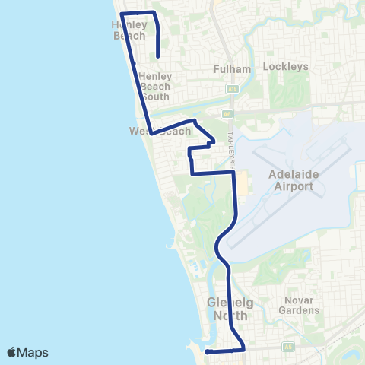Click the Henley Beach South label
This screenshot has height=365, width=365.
pyautogui.click(x=155, y=86)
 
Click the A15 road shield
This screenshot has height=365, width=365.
pyautogui.click(x=229, y=89)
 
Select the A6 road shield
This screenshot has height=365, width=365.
pyautogui.click(x=227, y=115)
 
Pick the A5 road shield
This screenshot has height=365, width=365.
pyautogui.click(x=288, y=346)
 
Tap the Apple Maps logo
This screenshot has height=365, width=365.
pyautogui.click(x=27, y=352)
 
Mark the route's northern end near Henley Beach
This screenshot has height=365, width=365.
pyautogui.click(x=157, y=56)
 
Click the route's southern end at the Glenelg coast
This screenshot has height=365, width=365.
pyautogui.click(x=208, y=351)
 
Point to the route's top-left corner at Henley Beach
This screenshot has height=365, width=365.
pyautogui.click(x=122, y=14)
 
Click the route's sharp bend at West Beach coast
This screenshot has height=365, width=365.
pyautogui.click(x=151, y=134)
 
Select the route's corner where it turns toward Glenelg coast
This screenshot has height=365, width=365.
pyautogui.click(x=243, y=350)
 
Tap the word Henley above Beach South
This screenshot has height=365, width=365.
pyautogui.click(x=155, y=76)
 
